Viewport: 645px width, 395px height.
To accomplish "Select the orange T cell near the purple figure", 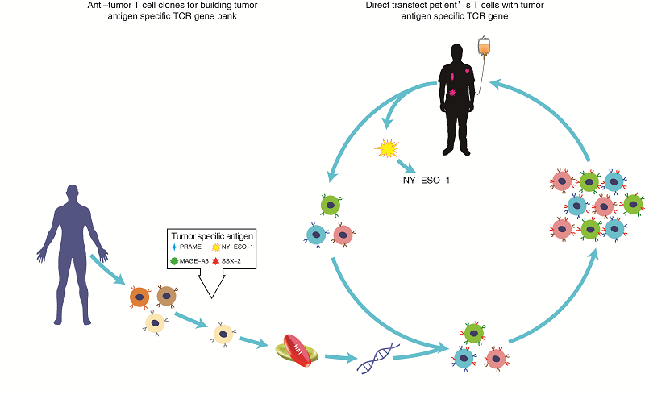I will pyautogui.click(x=139, y=297).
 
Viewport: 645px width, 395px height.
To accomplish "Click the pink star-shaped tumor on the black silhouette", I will pyautogui.click(x=453, y=94).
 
